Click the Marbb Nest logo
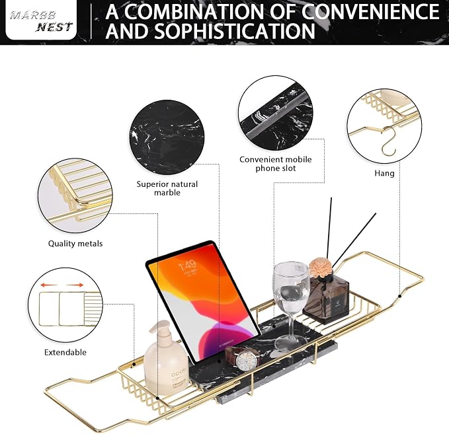[x=41, y=19]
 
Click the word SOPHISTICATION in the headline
[x=235, y=31]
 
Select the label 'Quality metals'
[x=75, y=244]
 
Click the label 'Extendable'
[x=65, y=352]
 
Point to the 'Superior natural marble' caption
[x=167, y=188]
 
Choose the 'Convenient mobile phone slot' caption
[x=276, y=164]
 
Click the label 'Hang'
[x=384, y=173]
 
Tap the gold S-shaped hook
[x=389, y=141]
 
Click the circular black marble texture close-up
[x=167, y=137]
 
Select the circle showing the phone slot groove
[x=276, y=113]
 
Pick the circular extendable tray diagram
[x=65, y=305]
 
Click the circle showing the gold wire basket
[x=75, y=196]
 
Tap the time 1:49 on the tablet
[x=188, y=266]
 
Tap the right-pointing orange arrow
[x=75, y=285]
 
